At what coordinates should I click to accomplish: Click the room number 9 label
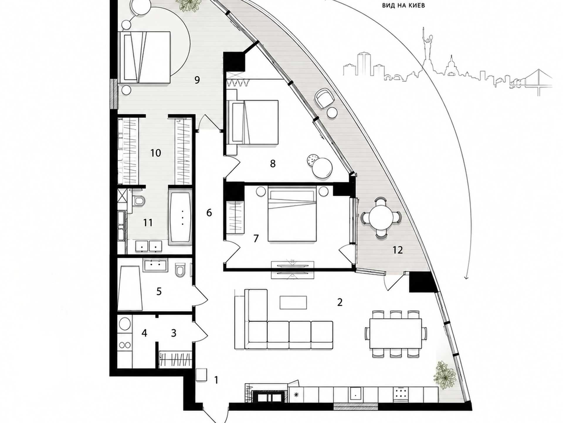pyautogui.click(x=197, y=80)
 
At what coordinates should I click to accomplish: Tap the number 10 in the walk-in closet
pyautogui.click(x=155, y=153)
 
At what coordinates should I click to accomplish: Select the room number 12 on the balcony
pyautogui.click(x=398, y=250)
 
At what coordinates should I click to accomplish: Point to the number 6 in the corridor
pyautogui.click(x=209, y=213)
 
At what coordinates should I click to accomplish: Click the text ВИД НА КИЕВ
pyautogui.click(x=403, y=5)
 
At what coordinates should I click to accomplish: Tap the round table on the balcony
pyautogui.click(x=381, y=218)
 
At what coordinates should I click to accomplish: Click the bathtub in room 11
pyautogui.click(x=180, y=217)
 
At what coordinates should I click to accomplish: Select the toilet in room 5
pyautogui.click(x=180, y=270)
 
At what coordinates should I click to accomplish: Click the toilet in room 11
pyautogui.click(x=139, y=201)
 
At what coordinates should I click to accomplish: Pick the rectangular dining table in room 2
pyautogui.click(x=396, y=333)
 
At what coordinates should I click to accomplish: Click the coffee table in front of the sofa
pyautogui.click(x=293, y=303)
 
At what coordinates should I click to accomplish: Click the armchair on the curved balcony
pyautogui.click(x=325, y=98)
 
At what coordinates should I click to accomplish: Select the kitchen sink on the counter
pyautogui.click(x=355, y=394)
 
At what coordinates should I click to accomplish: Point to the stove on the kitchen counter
pyautogui.click(x=400, y=394)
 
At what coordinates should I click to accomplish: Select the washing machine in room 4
pyautogui.click(x=125, y=324)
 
